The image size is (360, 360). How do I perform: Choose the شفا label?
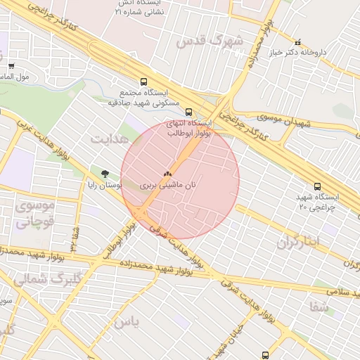pyautogui.click(x=319, y=306)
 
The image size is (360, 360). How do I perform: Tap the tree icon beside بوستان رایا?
pyautogui.click(x=105, y=173)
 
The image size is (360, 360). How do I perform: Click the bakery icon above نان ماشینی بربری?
pyautogui.click(x=167, y=173)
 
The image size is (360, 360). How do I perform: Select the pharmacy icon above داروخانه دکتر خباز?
pyautogui.click(x=298, y=42)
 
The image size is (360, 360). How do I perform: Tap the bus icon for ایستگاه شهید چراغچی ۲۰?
pyautogui.click(x=318, y=186)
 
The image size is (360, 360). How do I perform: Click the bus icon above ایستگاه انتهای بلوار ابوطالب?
pyautogui.click(x=188, y=111)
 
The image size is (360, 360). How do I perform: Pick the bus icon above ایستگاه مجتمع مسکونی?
pyautogui.click(x=143, y=82)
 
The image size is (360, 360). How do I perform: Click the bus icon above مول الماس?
pyautogui.click(x=11, y=66)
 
